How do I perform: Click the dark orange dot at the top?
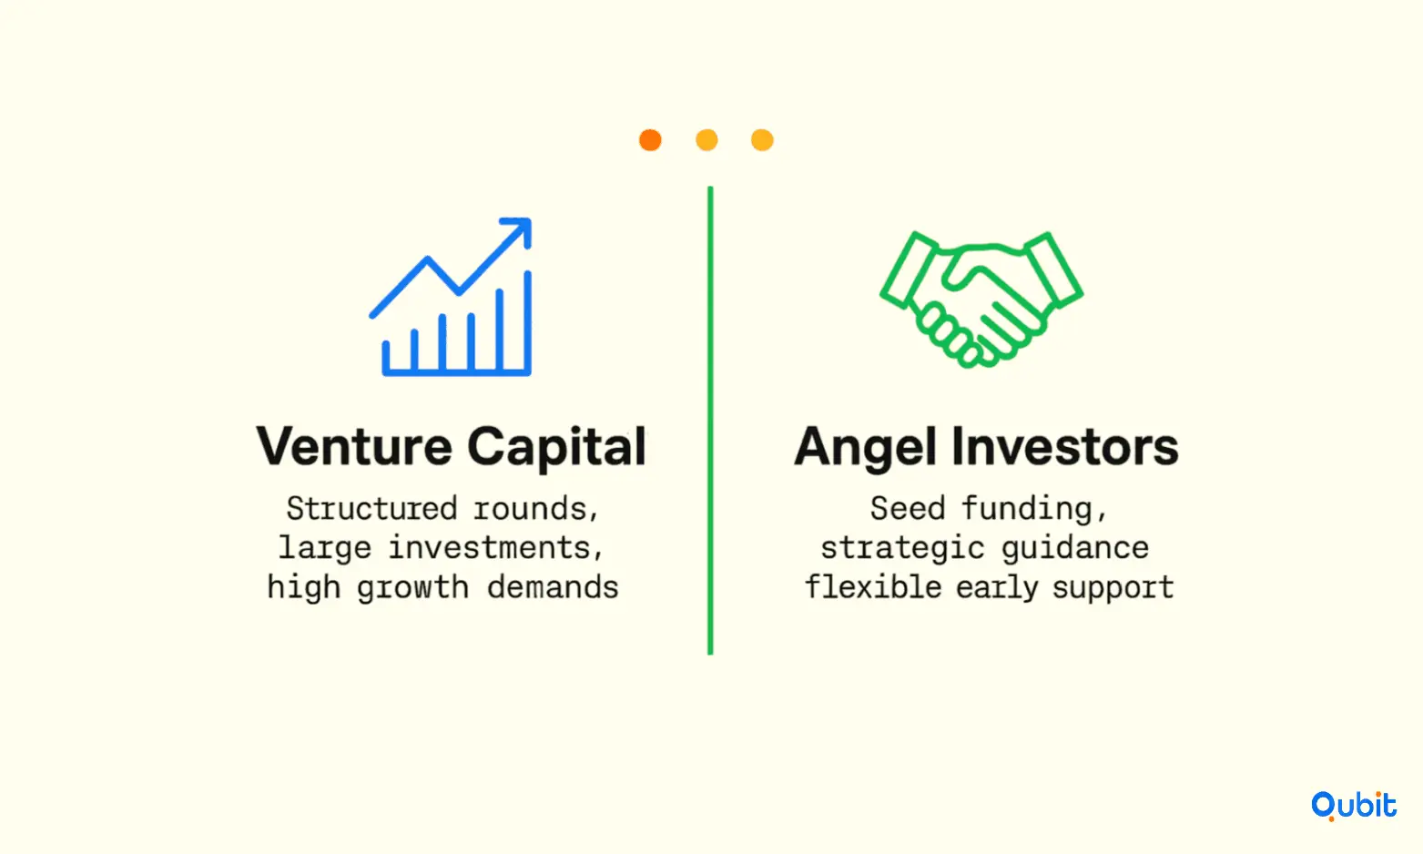650,140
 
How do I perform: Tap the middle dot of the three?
706,140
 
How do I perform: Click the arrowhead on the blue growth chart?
520,229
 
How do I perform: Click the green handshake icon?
981,300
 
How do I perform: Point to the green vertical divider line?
710,420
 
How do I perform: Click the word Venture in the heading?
354,447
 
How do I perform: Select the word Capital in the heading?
556,448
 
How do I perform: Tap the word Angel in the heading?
865,448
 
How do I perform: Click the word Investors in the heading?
1065,447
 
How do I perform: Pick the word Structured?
371,508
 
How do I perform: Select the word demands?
553,587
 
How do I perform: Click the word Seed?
907,508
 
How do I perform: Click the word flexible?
873,587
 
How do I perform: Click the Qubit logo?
1354,806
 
